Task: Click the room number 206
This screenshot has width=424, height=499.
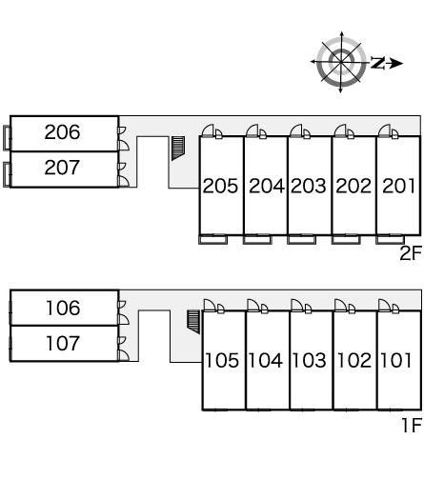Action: pos(62,132)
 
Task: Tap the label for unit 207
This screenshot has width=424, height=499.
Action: pos(62,168)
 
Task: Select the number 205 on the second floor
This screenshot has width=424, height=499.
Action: pos(220,186)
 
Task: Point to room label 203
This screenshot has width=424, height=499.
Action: pos(309,186)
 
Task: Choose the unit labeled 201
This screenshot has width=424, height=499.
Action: pos(398,186)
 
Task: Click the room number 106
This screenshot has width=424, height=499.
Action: pos(63,308)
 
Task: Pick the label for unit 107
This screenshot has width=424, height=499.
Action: pos(63,343)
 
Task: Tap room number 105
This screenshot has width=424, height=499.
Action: pos(222,360)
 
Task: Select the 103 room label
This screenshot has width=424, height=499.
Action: pos(309,360)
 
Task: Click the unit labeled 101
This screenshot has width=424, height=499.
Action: pos(395,360)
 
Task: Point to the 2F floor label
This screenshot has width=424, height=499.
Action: pos(411,253)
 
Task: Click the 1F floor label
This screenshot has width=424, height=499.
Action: pos(412,426)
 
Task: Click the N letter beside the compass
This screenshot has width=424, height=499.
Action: pos(377,63)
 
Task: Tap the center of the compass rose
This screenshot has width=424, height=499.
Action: pos(341,61)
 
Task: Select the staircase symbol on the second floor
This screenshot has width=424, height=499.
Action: pos(178,148)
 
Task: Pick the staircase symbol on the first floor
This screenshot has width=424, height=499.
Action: pos(193,322)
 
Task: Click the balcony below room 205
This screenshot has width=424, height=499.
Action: pos(213,239)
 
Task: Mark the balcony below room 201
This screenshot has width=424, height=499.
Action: pos(390,239)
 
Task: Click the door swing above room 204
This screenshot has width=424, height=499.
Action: pos(252,130)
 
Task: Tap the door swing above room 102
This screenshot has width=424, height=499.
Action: pos(340,305)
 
